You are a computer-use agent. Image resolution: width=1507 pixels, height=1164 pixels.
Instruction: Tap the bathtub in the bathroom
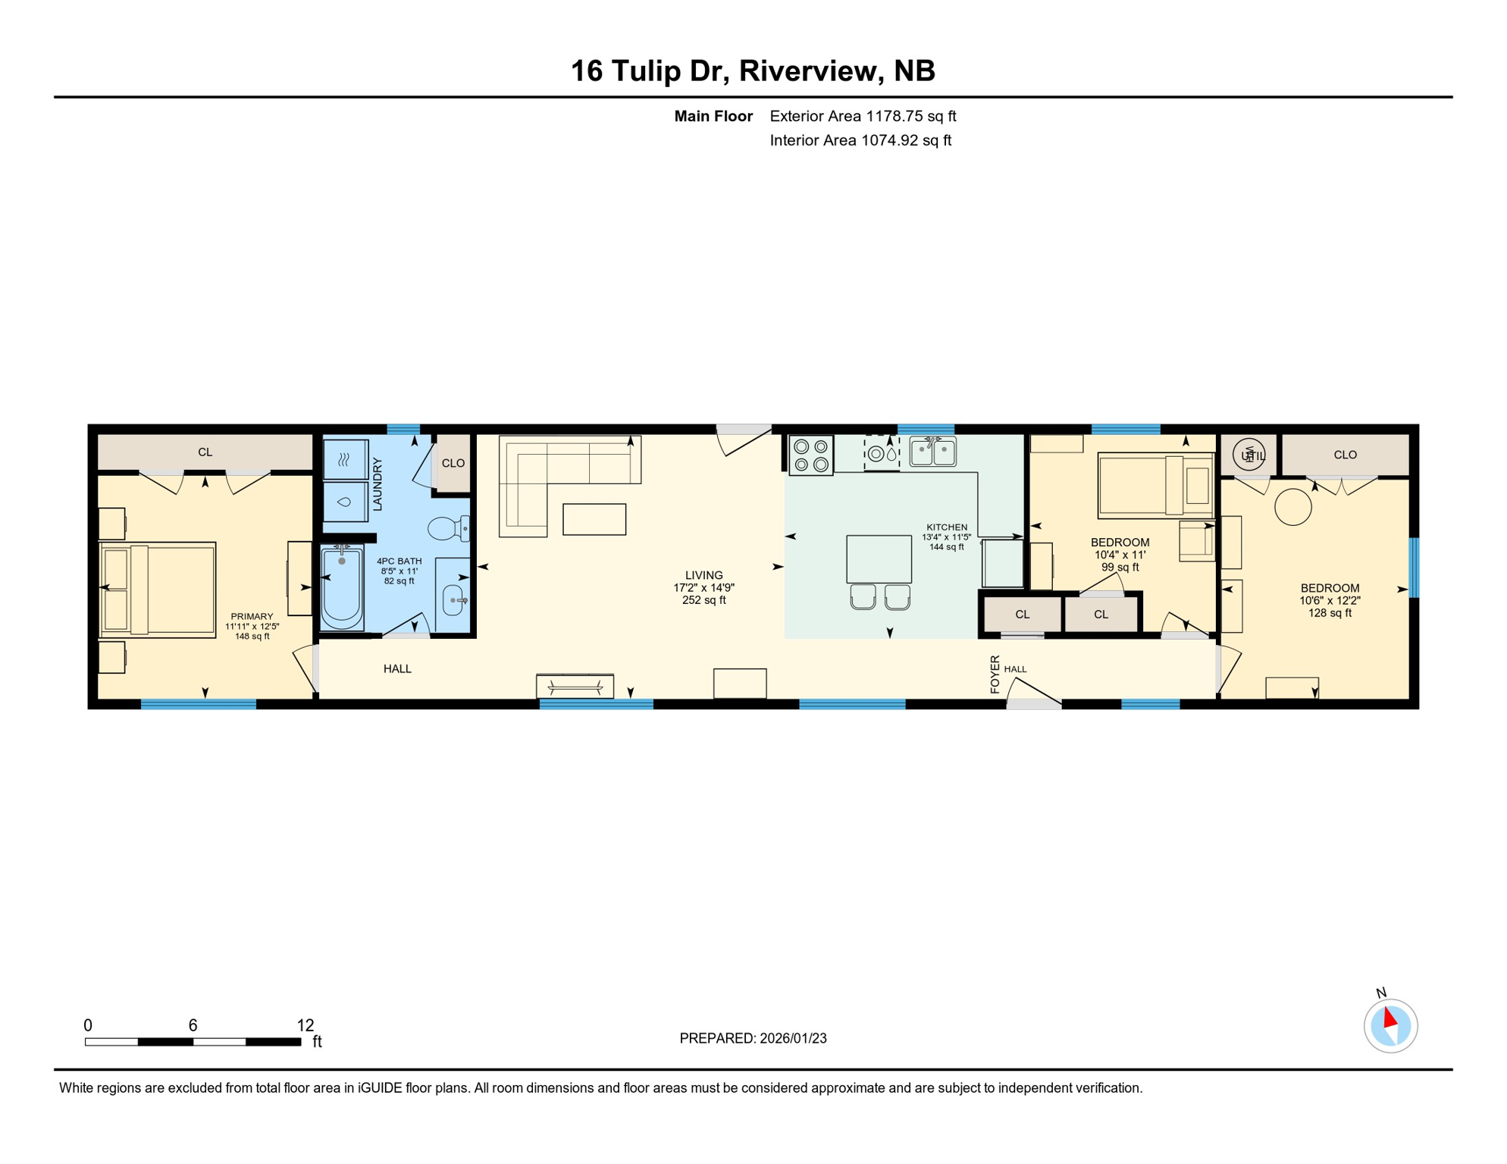[x=341, y=589]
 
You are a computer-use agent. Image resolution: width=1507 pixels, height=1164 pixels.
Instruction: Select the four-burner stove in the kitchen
[x=810, y=455]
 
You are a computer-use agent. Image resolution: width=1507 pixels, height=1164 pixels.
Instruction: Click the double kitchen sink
[x=932, y=452]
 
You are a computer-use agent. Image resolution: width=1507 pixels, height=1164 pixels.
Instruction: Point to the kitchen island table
[x=879, y=559]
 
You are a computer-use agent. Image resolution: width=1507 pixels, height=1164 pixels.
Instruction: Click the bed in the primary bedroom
[x=159, y=590]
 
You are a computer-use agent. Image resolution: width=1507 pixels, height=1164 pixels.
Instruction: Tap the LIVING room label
[x=703, y=575]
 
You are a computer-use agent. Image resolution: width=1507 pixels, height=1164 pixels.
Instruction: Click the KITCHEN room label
[x=947, y=527]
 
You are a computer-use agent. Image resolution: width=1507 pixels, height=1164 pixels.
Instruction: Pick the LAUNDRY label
[x=378, y=483]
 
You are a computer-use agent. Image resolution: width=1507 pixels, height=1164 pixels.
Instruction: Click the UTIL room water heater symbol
[x=1249, y=455]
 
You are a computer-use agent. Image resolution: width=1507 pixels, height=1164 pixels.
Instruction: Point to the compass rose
[x=1390, y=1026]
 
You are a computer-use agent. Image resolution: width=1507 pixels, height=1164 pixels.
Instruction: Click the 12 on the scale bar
[x=305, y=1025]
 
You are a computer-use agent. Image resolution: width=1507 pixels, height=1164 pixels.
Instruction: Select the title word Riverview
[x=809, y=70]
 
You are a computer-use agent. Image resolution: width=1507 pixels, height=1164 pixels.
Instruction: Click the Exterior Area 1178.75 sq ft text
[x=863, y=116]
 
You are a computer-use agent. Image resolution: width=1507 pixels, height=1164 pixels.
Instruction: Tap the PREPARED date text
[x=753, y=1038]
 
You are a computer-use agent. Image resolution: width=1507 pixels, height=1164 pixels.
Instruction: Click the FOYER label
[x=995, y=674]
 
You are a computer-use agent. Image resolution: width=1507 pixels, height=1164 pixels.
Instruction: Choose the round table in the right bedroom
[x=1292, y=507]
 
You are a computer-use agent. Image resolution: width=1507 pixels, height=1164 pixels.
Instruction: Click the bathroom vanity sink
[x=453, y=600]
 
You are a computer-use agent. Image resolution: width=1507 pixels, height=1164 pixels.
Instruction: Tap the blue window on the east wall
[x=1413, y=567]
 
